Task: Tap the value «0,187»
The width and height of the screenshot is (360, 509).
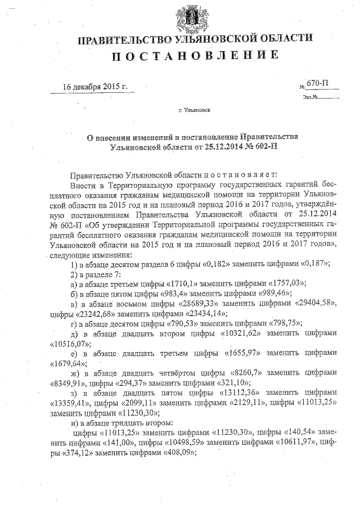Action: click(313, 264)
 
